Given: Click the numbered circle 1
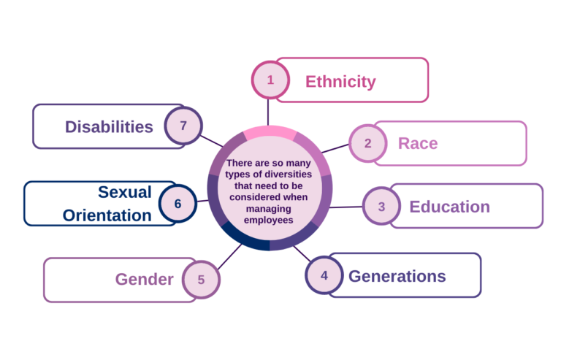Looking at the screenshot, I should click(x=270, y=80).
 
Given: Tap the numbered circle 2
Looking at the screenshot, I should click(x=367, y=143).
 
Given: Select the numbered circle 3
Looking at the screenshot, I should click(x=381, y=207).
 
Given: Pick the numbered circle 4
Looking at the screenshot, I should click(x=324, y=276).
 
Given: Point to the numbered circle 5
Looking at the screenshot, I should click(x=201, y=279).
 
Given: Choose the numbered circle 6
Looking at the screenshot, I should click(x=178, y=204).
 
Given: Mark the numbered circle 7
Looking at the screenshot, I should click(x=183, y=126).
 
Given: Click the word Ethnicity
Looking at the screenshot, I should click(x=340, y=81).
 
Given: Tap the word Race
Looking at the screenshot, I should click(x=418, y=143).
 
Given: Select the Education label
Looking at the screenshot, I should click(x=449, y=207).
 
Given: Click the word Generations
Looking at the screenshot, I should click(x=397, y=276).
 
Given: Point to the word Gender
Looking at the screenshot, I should click(x=144, y=279).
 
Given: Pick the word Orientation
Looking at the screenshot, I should click(x=107, y=215).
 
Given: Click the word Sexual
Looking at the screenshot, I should click(x=125, y=192).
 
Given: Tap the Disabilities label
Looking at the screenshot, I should click(x=109, y=126).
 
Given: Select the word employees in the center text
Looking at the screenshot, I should click(x=270, y=219).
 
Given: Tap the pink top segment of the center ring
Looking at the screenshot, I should click(x=270, y=132).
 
